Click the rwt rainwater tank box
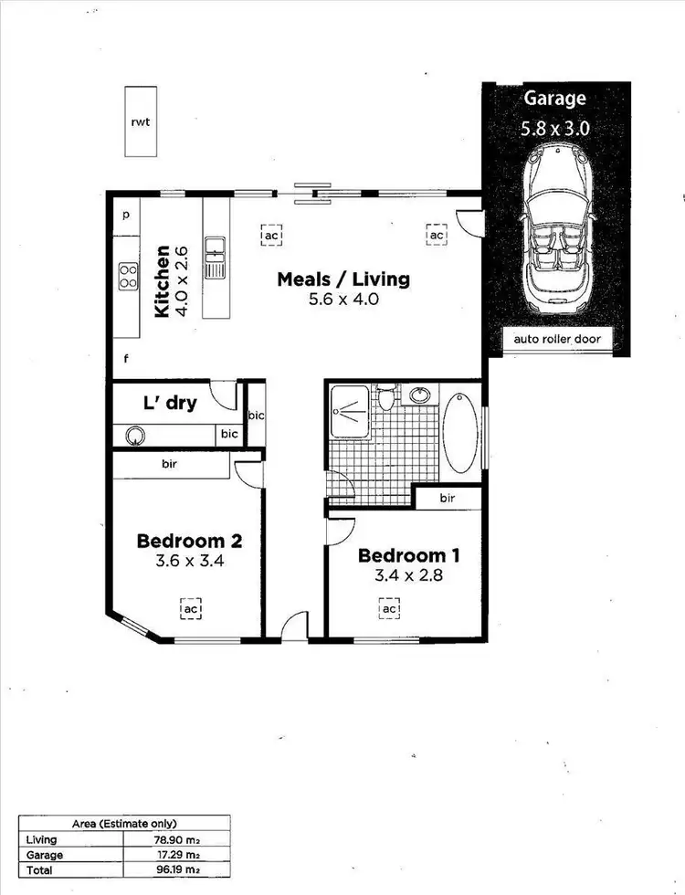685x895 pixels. pyautogui.click(x=141, y=121)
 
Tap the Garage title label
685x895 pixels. pyautogui.click(x=554, y=99)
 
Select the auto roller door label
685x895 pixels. pyautogui.click(x=556, y=341)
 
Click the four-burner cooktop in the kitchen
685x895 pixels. pyautogui.click(x=128, y=276)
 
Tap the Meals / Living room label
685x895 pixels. pyautogui.click(x=343, y=279)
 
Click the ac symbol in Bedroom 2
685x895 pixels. pyautogui.click(x=190, y=607)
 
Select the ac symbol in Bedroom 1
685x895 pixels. pyautogui.click(x=389, y=608)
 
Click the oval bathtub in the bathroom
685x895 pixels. pyautogui.click(x=460, y=432)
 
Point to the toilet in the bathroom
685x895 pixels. pyautogui.click(x=386, y=399)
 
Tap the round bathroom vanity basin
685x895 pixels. pyautogui.click(x=419, y=395)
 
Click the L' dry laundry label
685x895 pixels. pyautogui.click(x=169, y=403)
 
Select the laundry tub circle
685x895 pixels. pyautogui.click(x=135, y=436)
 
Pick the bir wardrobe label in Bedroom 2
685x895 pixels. pyautogui.click(x=170, y=464)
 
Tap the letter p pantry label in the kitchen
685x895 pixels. pyautogui.click(x=125, y=215)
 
